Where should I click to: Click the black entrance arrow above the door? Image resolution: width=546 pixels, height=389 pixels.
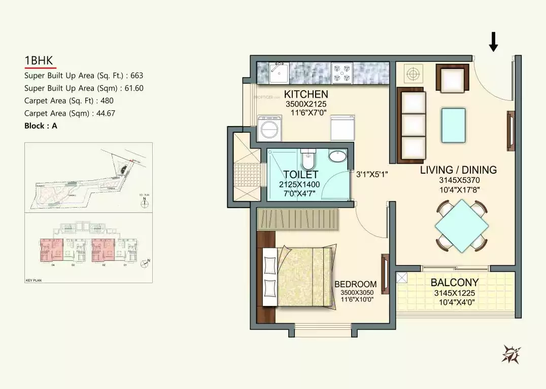493,41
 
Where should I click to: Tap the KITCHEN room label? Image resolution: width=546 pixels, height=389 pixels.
305,94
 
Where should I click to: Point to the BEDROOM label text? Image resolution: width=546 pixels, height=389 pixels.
355,284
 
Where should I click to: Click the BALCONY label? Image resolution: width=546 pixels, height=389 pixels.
454,283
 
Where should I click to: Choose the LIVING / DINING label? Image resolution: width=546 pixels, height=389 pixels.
458,170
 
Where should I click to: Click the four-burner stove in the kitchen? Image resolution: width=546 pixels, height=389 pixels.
342,73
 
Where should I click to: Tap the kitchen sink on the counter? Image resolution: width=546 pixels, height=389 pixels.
279,72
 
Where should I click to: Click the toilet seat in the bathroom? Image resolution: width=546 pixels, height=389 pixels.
308,160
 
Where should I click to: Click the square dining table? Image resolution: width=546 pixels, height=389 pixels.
462,225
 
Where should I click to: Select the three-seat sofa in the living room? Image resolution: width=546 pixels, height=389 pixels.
411,125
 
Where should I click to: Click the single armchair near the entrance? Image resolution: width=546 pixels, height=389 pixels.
452,79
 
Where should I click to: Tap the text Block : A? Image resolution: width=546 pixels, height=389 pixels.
41,126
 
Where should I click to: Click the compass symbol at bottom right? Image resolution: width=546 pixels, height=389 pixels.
510,354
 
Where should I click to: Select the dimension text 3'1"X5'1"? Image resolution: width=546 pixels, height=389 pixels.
371,174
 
